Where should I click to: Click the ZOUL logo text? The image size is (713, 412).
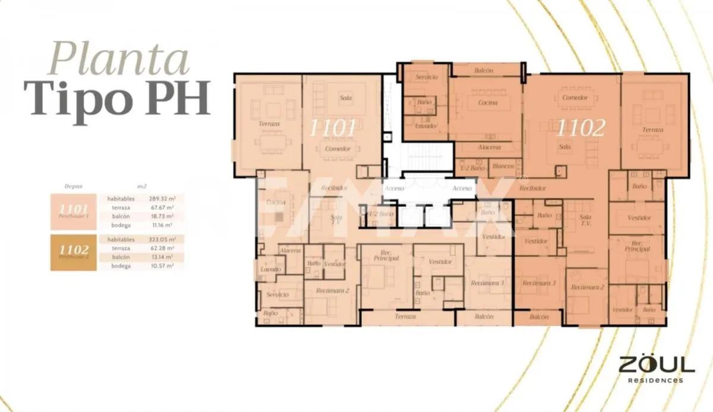(656, 364)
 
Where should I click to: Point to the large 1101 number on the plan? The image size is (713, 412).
(333, 128)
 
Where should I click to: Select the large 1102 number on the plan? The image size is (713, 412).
(581, 128)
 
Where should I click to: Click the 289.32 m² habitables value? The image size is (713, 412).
(161, 199)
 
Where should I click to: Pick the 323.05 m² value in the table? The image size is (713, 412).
(161, 239)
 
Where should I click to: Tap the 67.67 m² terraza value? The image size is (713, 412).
(161, 207)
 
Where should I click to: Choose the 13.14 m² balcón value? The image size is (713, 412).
(161, 257)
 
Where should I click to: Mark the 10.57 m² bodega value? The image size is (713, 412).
(161, 266)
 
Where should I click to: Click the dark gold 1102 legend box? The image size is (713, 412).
(74, 252)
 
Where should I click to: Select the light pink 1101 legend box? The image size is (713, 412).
(74, 211)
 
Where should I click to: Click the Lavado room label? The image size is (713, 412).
(271, 269)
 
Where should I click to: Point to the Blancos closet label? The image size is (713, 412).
(503, 166)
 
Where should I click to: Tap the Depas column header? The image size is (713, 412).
(74, 186)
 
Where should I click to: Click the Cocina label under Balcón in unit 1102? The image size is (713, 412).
(487, 103)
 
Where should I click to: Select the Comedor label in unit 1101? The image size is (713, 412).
(337, 149)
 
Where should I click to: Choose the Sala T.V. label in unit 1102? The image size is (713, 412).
(585, 221)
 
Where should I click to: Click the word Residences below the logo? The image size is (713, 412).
(656, 380)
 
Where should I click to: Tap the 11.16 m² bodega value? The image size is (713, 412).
(161, 225)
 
